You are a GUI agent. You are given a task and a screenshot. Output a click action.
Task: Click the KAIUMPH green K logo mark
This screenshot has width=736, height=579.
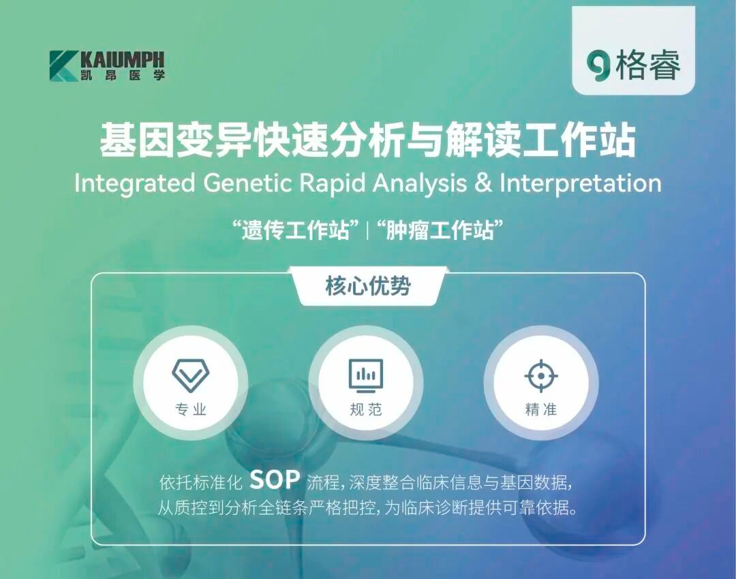pyautogui.click(x=64, y=65)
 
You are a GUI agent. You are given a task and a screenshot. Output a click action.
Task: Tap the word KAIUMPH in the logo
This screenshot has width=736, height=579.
pyautogui.click(x=123, y=59)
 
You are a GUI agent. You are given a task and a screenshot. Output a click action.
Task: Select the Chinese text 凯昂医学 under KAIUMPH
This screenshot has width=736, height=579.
pyautogui.click(x=123, y=75)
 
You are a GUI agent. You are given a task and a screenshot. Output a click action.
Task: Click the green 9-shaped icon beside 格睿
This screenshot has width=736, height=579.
pyautogui.click(x=598, y=65)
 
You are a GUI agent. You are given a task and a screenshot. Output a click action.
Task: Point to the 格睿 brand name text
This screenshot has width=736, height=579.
pyautogui.click(x=648, y=65)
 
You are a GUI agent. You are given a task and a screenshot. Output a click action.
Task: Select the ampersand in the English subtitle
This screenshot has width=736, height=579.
pyautogui.click(x=483, y=183)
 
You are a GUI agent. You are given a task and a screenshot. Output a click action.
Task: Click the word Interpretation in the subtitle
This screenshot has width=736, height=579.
pyautogui.click(x=581, y=184)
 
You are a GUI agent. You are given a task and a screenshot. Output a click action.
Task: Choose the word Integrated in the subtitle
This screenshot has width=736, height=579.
pyautogui.click(x=135, y=183)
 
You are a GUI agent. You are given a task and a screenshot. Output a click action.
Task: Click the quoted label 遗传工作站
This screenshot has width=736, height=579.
pyautogui.click(x=296, y=231)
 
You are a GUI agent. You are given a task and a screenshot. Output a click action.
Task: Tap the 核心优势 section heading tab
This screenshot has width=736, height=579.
pyautogui.click(x=368, y=286)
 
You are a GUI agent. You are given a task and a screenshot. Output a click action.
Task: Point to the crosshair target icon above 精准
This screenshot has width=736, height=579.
pyautogui.click(x=540, y=376)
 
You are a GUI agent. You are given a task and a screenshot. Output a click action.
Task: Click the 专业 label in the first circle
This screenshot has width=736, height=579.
pyautogui.click(x=191, y=409)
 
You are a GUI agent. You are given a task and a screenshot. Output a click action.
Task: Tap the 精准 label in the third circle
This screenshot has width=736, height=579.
pyautogui.click(x=540, y=409)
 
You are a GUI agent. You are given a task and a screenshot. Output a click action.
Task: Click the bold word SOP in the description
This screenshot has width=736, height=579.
pyautogui.click(x=275, y=479)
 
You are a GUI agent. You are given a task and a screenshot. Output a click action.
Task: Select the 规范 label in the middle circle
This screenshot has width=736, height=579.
pyautogui.click(x=366, y=409)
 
